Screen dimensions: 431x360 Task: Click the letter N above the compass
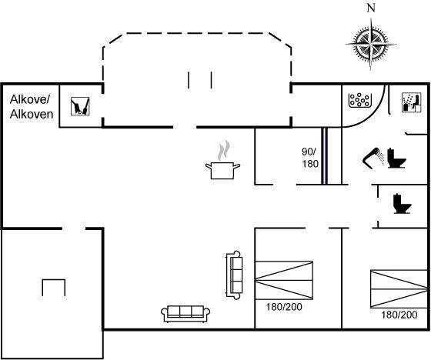tap(371, 8)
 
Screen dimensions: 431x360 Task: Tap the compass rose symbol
tap(371, 44)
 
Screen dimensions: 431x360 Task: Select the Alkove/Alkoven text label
tap(32, 107)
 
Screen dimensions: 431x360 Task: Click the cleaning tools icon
tap(80, 106)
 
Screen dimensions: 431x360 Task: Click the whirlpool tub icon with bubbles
tap(360, 100)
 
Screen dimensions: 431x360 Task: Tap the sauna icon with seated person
tap(412, 102)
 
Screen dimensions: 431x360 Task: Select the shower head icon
tap(374, 158)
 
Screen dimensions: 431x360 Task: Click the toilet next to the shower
tap(396, 158)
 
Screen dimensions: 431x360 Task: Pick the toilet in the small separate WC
tap(402, 204)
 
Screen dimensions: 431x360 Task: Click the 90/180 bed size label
tap(309, 158)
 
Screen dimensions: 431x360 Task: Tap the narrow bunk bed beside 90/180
tap(324, 156)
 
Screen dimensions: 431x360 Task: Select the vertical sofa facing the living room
tap(234, 275)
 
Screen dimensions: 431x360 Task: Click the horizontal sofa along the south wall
tap(185, 314)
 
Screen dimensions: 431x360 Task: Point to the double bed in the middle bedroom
tap(284, 280)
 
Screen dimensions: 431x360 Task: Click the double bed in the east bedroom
tap(399, 288)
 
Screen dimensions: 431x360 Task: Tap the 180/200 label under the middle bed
tap(284, 307)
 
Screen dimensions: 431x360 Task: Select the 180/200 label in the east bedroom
tap(399, 315)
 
